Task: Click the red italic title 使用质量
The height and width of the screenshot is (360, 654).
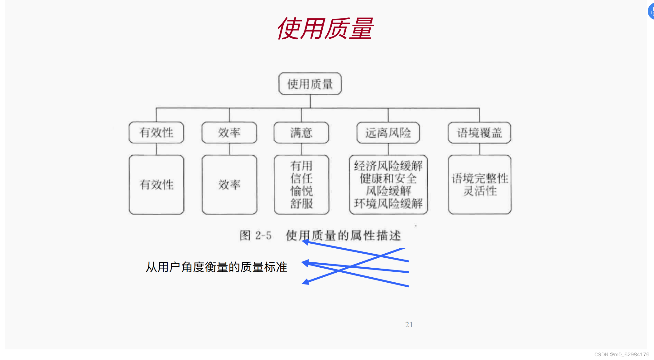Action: pyautogui.click(x=325, y=28)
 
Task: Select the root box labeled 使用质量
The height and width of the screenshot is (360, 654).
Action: pyautogui.click(x=310, y=84)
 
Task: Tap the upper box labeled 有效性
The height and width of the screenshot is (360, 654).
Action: pyautogui.click(x=156, y=133)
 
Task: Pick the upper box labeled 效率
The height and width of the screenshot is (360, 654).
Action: pyautogui.click(x=229, y=133)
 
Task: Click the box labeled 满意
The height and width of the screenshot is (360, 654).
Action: pyautogui.click(x=301, y=133)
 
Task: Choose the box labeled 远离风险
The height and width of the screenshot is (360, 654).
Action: pyautogui.click(x=388, y=133)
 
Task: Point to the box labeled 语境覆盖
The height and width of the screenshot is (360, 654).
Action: pyautogui.click(x=479, y=133)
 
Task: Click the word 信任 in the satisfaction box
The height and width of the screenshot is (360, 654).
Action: pyautogui.click(x=301, y=178)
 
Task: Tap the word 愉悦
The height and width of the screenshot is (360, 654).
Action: pyautogui.click(x=301, y=191)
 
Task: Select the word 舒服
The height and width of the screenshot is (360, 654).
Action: pyautogui.click(x=301, y=204)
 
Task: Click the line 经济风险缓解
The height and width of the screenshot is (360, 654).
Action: pyautogui.click(x=388, y=166)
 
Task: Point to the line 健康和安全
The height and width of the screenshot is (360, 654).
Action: pyautogui.click(x=388, y=178)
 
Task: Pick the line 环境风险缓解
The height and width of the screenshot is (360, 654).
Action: pyautogui.click(x=388, y=204)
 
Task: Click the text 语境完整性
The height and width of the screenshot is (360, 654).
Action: pyautogui.click(x=480, y=178)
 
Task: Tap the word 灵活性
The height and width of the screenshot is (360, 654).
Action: pyautogui.click(x=480, y=191)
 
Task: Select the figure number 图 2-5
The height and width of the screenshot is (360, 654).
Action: pyautogui.click(x=255, y=235)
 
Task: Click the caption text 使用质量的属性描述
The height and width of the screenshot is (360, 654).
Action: pyautogui.click(x=343, y=235)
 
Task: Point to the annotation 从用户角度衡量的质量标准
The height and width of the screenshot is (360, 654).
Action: pyautogui.click(x=216, y=267)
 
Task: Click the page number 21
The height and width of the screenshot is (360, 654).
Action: pyautogui.click(x=409, y=324)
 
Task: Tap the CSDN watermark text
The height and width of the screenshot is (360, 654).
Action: pyautogui.click(x=622, y=354)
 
